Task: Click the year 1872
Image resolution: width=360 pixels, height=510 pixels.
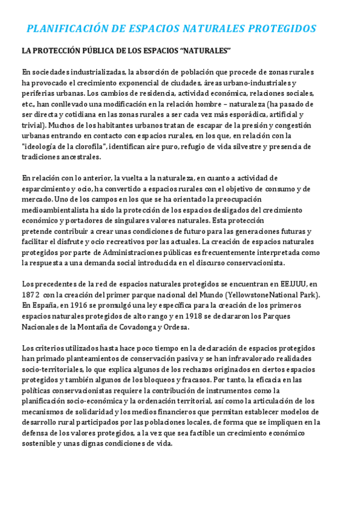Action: click(x=31, y=295)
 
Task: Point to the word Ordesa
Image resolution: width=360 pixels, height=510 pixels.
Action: click(x=175, y=327)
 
